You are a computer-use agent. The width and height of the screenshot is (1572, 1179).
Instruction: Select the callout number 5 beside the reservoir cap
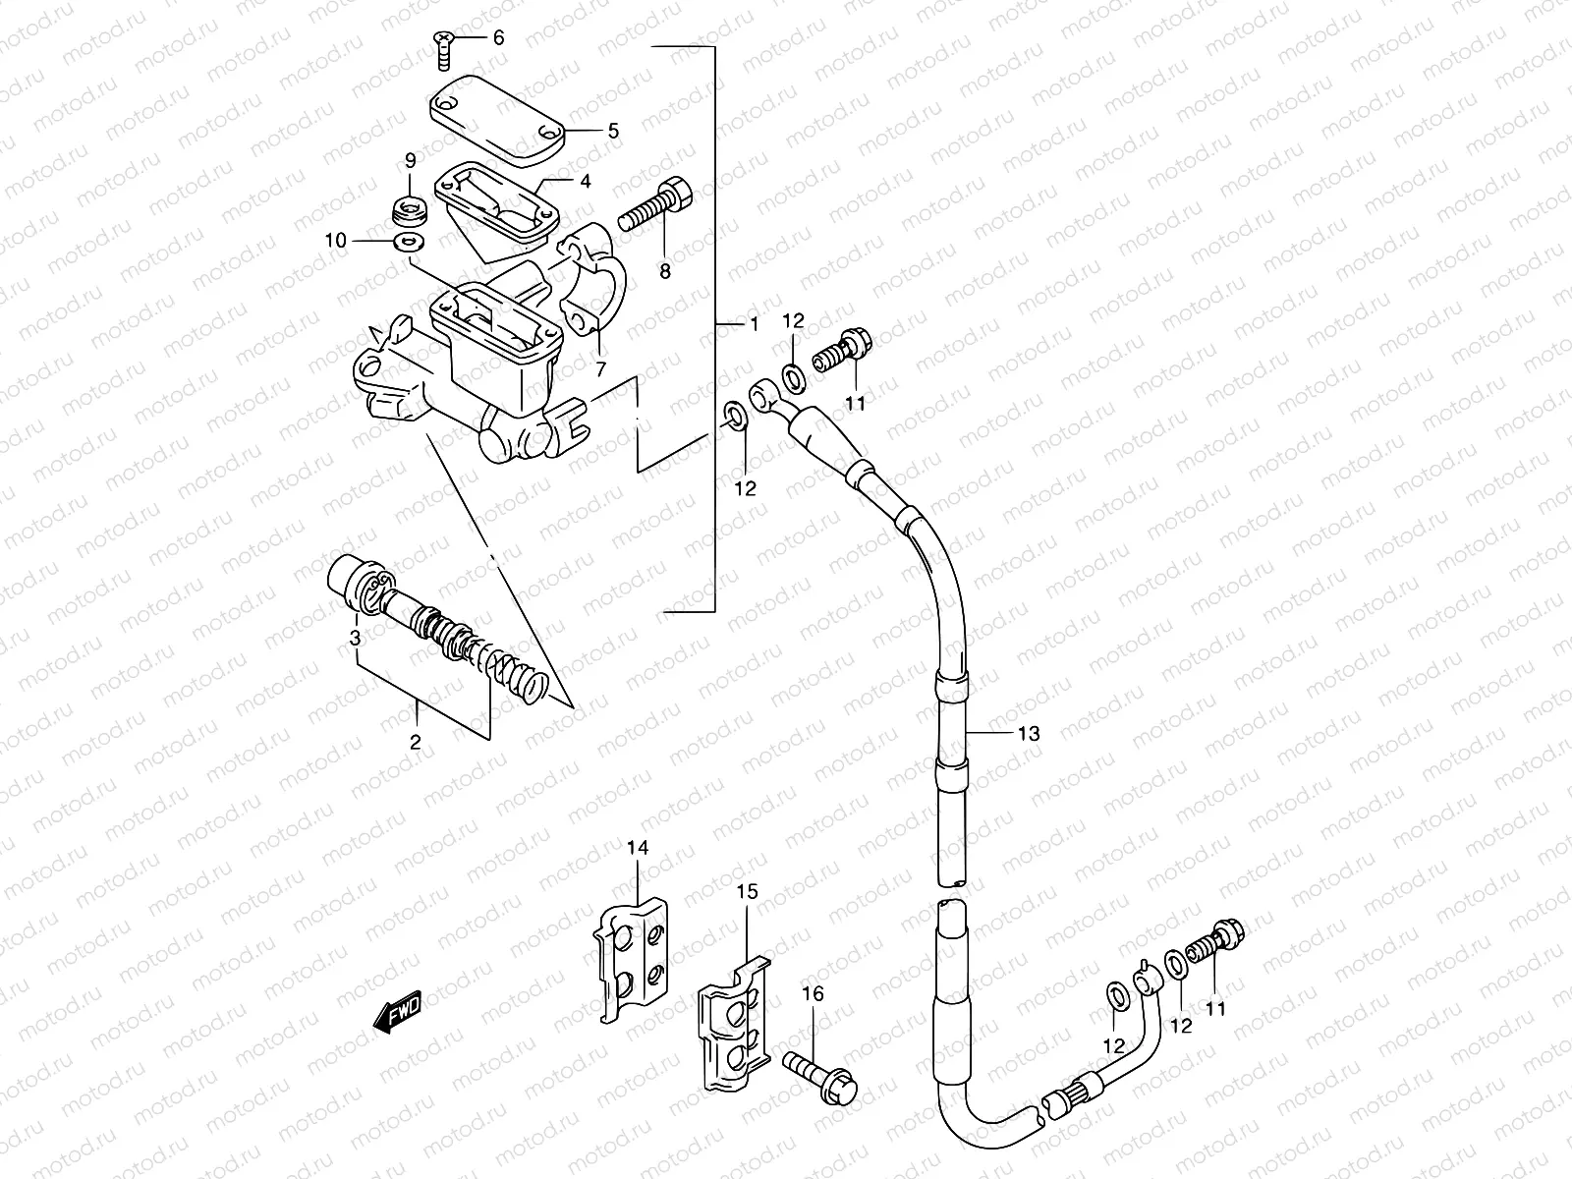[x=613, y=130]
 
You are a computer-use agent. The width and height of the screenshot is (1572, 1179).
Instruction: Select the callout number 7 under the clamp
[x=600, y=367]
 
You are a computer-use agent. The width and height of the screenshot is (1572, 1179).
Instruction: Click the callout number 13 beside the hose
[x=1028, y=733]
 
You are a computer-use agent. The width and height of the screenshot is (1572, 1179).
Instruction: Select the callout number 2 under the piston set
[x=415, y=742]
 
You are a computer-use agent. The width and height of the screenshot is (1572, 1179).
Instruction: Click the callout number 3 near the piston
[x=357, y=639]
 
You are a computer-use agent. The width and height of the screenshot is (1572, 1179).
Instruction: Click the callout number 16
[x=812, y=994]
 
